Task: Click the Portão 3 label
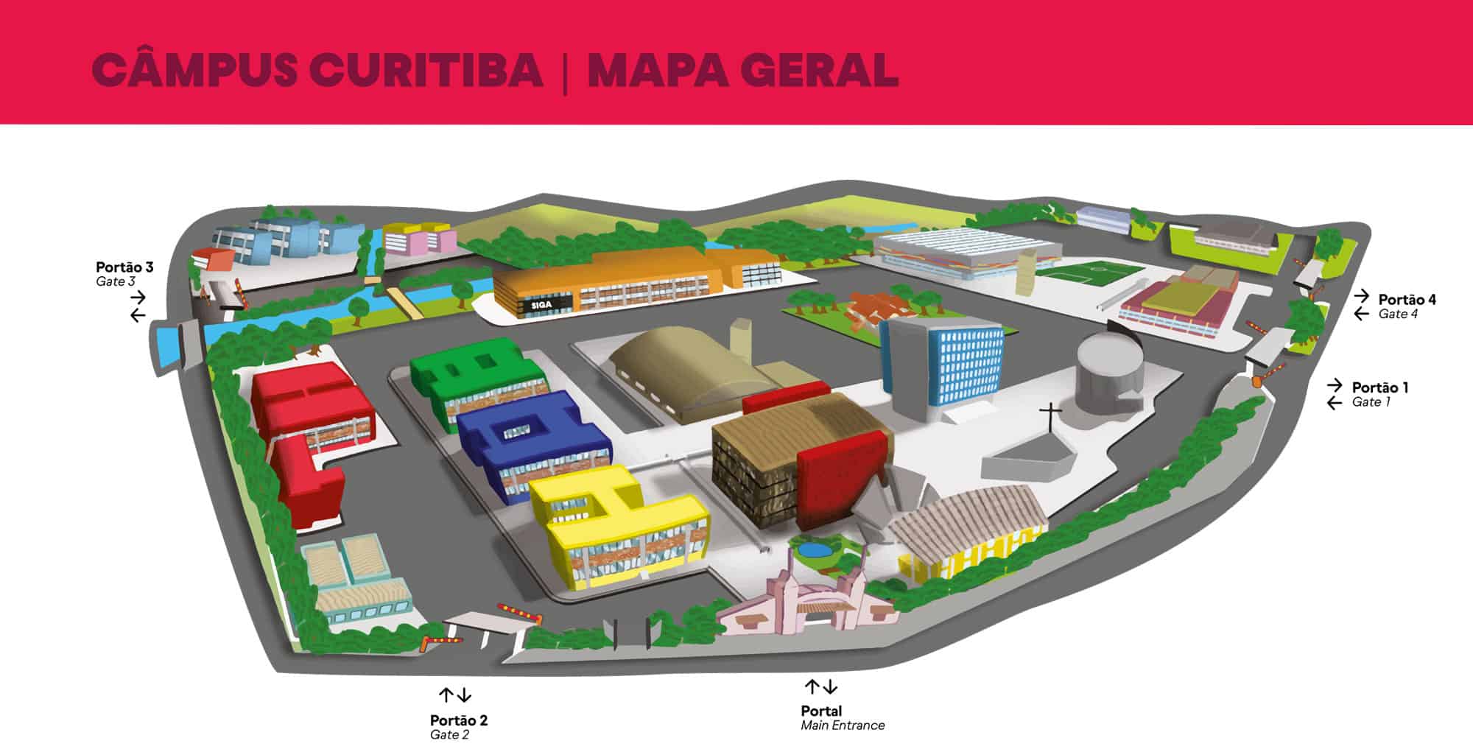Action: pos(124,267)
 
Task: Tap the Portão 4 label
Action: pos(1407,300)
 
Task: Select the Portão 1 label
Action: pos(1380,387)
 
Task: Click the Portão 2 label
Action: pos(459,720)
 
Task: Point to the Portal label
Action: pos(821,711)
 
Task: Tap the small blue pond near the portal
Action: pos(815,549)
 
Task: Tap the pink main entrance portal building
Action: pos(799,604)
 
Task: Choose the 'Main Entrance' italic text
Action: pos(843,725)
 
